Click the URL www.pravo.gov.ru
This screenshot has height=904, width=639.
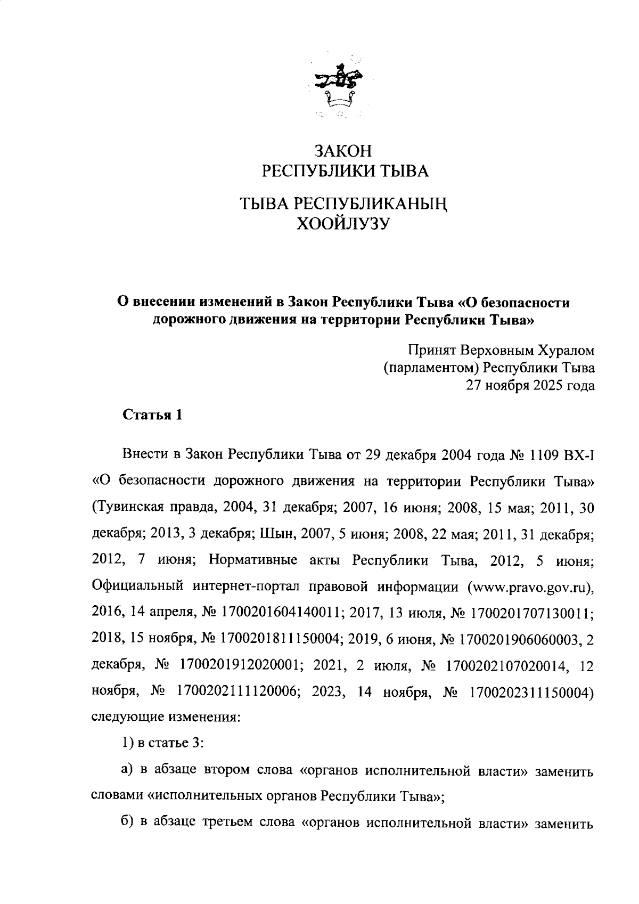click(529, 588)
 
